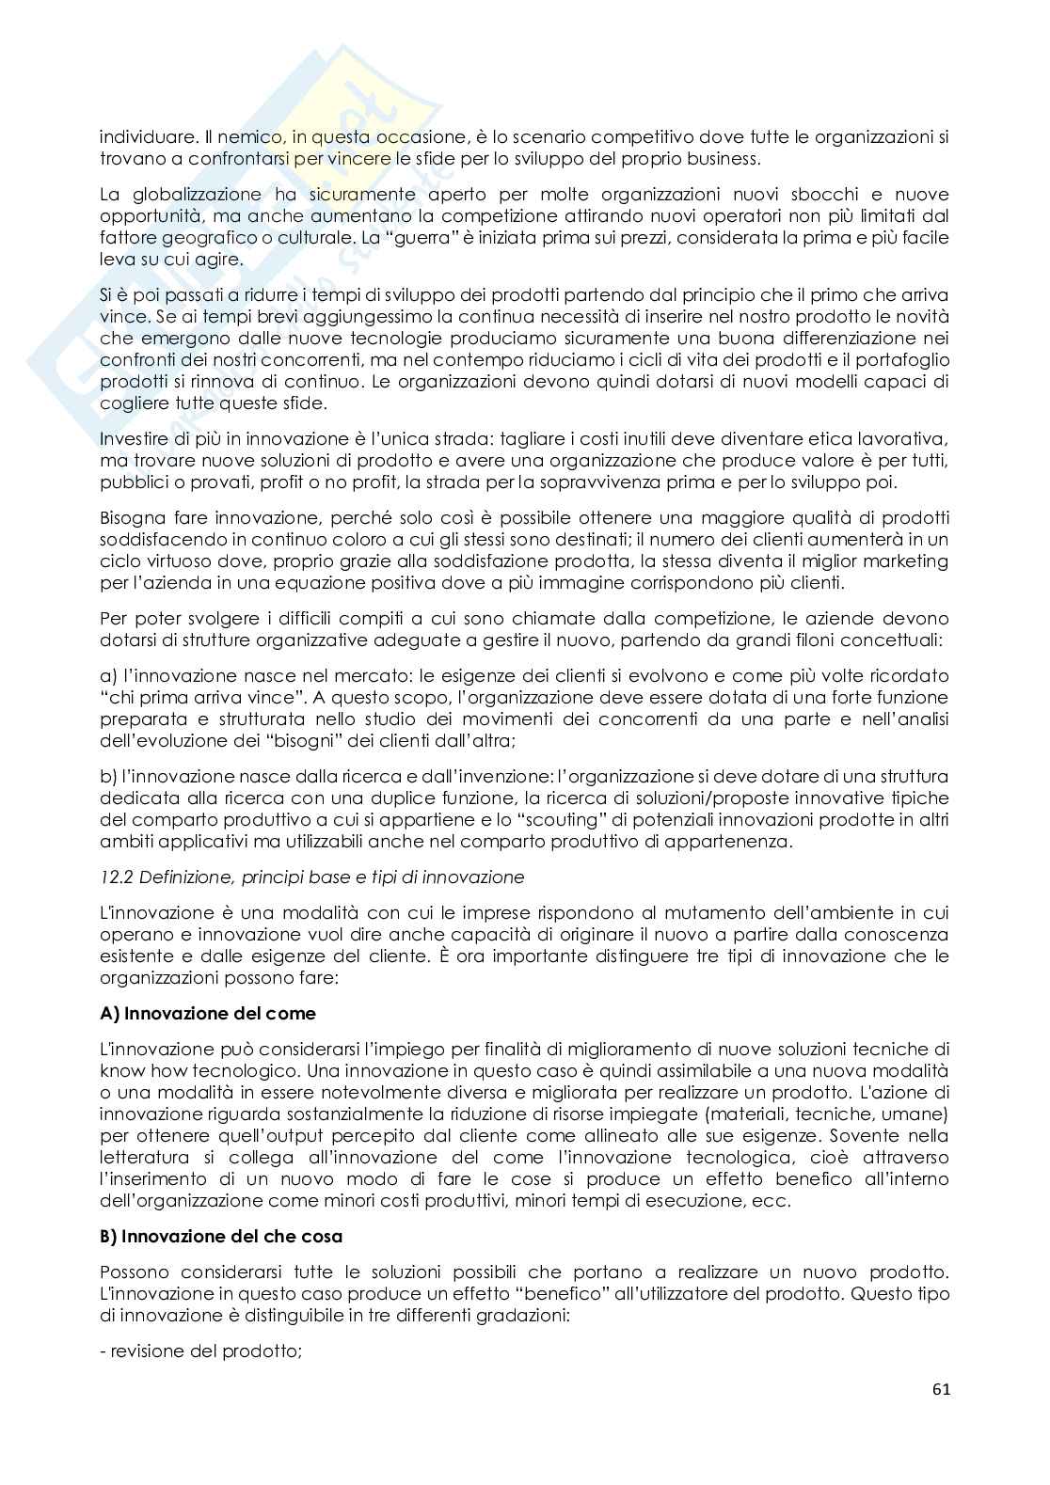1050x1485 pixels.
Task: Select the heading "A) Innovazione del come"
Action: coord(208,1013)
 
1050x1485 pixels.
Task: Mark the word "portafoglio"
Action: coord(903,359)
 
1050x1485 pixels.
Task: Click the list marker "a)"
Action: coord(107,675)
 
